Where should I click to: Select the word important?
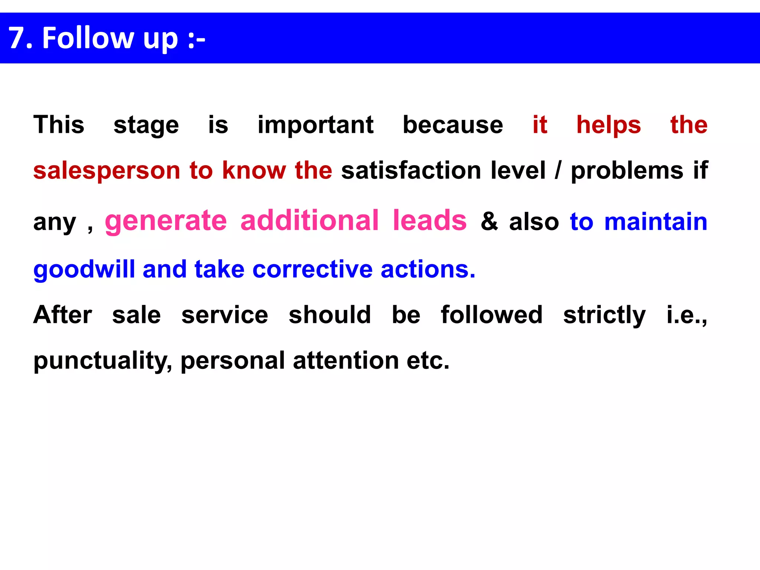coord(315,125)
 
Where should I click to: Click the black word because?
coord(453,125)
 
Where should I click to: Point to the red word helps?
coord(609,125)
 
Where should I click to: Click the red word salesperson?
coord(107,171)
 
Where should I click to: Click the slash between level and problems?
coord(558,171)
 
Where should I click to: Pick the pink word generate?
coord(166,221)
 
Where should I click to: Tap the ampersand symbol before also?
coord(489,222)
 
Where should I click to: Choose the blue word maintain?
coord(656,222)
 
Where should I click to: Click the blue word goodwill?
coord(84,269)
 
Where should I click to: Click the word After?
coord(63,315)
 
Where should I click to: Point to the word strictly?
coord(604,315)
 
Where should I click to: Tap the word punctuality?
coord(103,361)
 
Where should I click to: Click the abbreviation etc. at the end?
coord(428,361)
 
